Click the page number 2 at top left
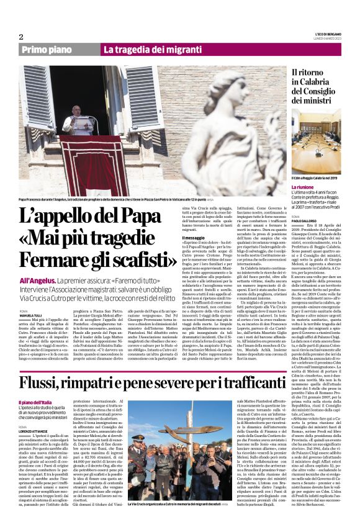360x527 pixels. pos(21,37)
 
